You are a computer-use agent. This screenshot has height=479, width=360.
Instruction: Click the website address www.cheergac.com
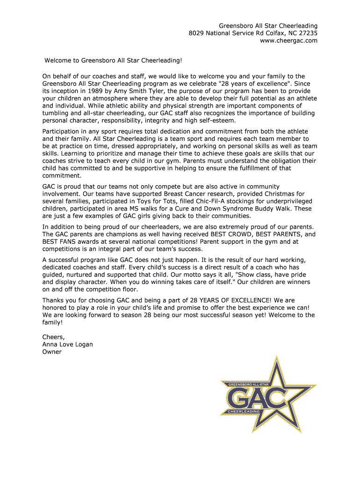pyautogui.click(x=288, y=41)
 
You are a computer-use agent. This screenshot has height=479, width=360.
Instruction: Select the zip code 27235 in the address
pyautogui.click(x=308, y=33)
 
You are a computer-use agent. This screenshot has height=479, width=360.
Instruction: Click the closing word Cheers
pyautogui.click(x=53, y=337)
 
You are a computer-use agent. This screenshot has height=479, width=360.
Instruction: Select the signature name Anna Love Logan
pyautogui.click(x=67, y=344)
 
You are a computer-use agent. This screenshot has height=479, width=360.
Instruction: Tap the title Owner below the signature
pyautogui.click(x=52, y=352)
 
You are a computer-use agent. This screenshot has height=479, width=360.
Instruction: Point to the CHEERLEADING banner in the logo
pyautogui.click(x=243, y=411)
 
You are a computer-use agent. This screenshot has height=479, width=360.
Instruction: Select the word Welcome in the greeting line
pyautogui.click(x=58, y=60)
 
